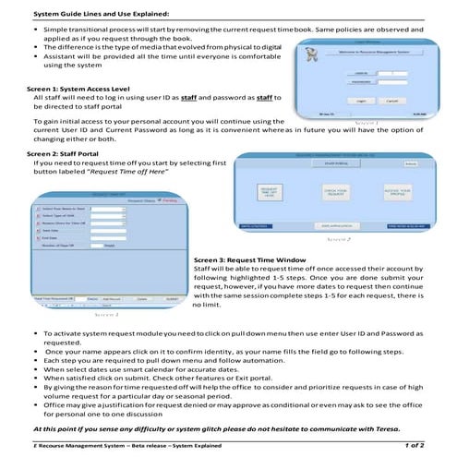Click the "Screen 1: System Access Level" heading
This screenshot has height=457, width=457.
74,89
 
